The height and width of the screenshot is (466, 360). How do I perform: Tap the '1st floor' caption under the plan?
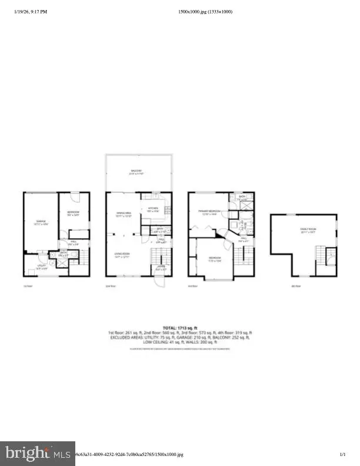(27, 287)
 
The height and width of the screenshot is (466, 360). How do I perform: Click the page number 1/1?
(342, 454)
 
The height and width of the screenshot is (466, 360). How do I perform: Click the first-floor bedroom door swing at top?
(75, 197)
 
